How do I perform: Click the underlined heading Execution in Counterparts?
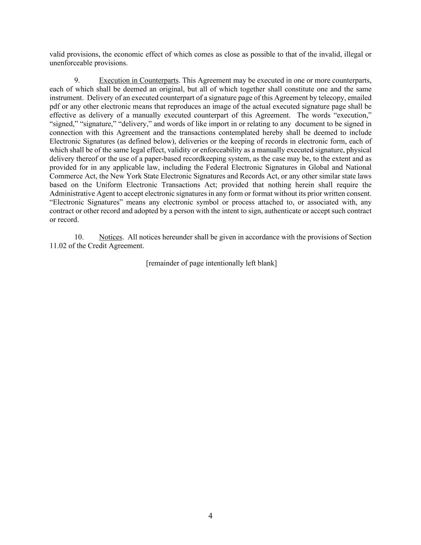point(138,81)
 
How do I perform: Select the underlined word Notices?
point(111,237)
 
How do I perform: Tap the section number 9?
point(77,81)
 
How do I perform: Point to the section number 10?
point(79,237)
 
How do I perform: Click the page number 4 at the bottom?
point(210,516)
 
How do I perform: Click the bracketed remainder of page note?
point(211,263)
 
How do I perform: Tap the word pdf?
point(55,107)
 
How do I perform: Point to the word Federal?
point(229,168)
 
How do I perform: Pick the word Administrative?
point(72,194)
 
